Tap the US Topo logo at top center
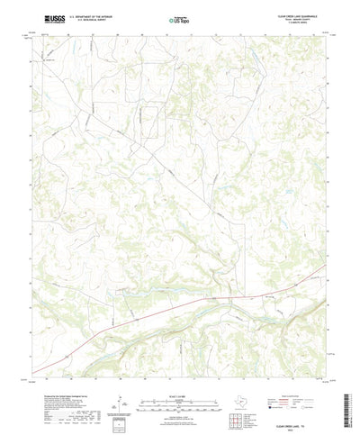click(180, 18)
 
